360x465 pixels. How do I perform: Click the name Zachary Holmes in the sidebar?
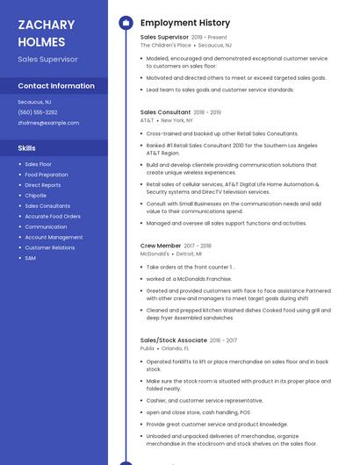pyautogui.click(x=41, y=32)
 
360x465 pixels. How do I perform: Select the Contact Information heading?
pyautogui.click(x=56, y=86)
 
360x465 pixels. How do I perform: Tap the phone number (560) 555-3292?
pyautogui.click(x=38, y=112)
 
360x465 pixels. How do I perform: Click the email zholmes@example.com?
pyautogui.click(x=48, y=123)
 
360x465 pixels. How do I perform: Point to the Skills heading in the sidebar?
pyautogui.click(x=27, y=148)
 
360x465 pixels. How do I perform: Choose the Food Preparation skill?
pyautogui.click(x=46, y=175)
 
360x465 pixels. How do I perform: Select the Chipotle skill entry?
pyautogui.click(x=36, y=196)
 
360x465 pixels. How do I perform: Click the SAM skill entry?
pyautogui.click(x=31, y=258)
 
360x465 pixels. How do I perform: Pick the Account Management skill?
pyautogui.click(x=54, y=237)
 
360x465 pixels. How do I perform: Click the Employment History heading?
pyautogui.click(x=184, y=23)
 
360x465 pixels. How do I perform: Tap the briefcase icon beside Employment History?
pyautogui.click(x=126, y=23)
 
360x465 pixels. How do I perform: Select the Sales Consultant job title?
pyautogui.click(x=165, y=112)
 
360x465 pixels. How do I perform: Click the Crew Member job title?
pyautogui.click(x=161, y=246)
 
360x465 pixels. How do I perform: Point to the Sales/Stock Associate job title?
pyautogui.click(x=174, y=340)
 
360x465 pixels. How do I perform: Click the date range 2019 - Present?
pyautogui.click(x=209, y=38)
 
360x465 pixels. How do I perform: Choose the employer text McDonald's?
pyautogui.click(x=155, y=254)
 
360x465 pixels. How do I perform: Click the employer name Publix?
pyautogui.click(x=148, y=347)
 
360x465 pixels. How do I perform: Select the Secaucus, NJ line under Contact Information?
pyautogui.click(x=36, y=102)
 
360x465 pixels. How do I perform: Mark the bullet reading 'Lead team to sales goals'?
pyautogui.click(x=220, y=89)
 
